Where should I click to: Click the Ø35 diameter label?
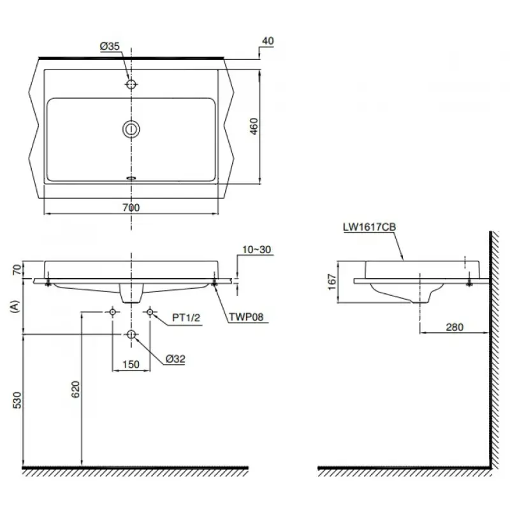point(110,46)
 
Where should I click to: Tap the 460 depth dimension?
point(254,126)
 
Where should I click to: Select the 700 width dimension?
point(131,208)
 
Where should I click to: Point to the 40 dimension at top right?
point(268,41)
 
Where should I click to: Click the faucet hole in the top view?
point(131,84)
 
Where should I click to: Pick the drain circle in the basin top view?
point(131,129)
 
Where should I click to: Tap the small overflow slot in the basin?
point(131,178)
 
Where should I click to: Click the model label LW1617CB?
point(370,227)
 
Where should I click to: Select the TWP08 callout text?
point(246,317)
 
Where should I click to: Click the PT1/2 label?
point(186,317)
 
